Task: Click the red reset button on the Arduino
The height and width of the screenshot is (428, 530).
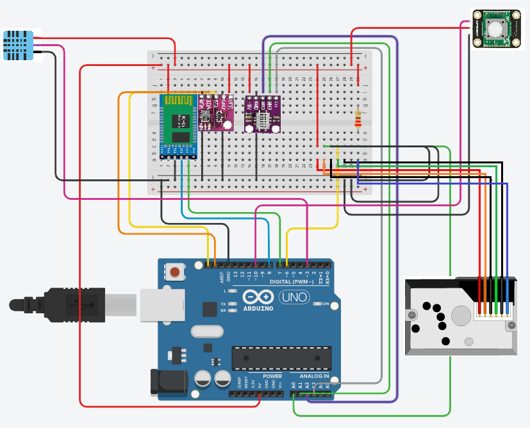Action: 175,273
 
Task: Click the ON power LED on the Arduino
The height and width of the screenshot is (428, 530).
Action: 317,304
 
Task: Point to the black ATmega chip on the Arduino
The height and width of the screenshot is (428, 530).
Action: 281,358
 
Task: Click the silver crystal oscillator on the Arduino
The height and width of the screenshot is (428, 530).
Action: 206,331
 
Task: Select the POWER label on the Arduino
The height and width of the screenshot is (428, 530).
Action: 272,376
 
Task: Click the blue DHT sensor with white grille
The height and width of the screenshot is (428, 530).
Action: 19,45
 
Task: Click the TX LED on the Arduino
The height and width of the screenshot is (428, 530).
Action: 232,304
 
